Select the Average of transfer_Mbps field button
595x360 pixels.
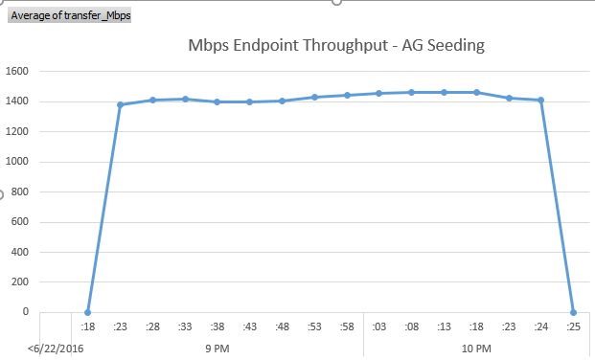coord(70,15)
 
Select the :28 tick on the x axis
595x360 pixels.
coord(152,327)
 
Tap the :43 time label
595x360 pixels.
coord(249,327)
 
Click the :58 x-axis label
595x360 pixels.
coord(347,327)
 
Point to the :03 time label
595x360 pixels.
coord(379,327)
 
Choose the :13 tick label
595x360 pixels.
coord(444,327)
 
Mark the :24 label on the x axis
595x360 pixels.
coord(541,327)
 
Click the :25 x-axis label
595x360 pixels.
coord(574,327)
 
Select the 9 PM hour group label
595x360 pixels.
coord(217,348)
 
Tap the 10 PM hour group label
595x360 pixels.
coord(476,348)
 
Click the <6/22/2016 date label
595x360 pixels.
coord(55,348)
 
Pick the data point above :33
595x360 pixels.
coord(185,99)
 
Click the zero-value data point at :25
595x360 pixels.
coord(574,312)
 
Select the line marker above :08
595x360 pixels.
coord(411,92)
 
